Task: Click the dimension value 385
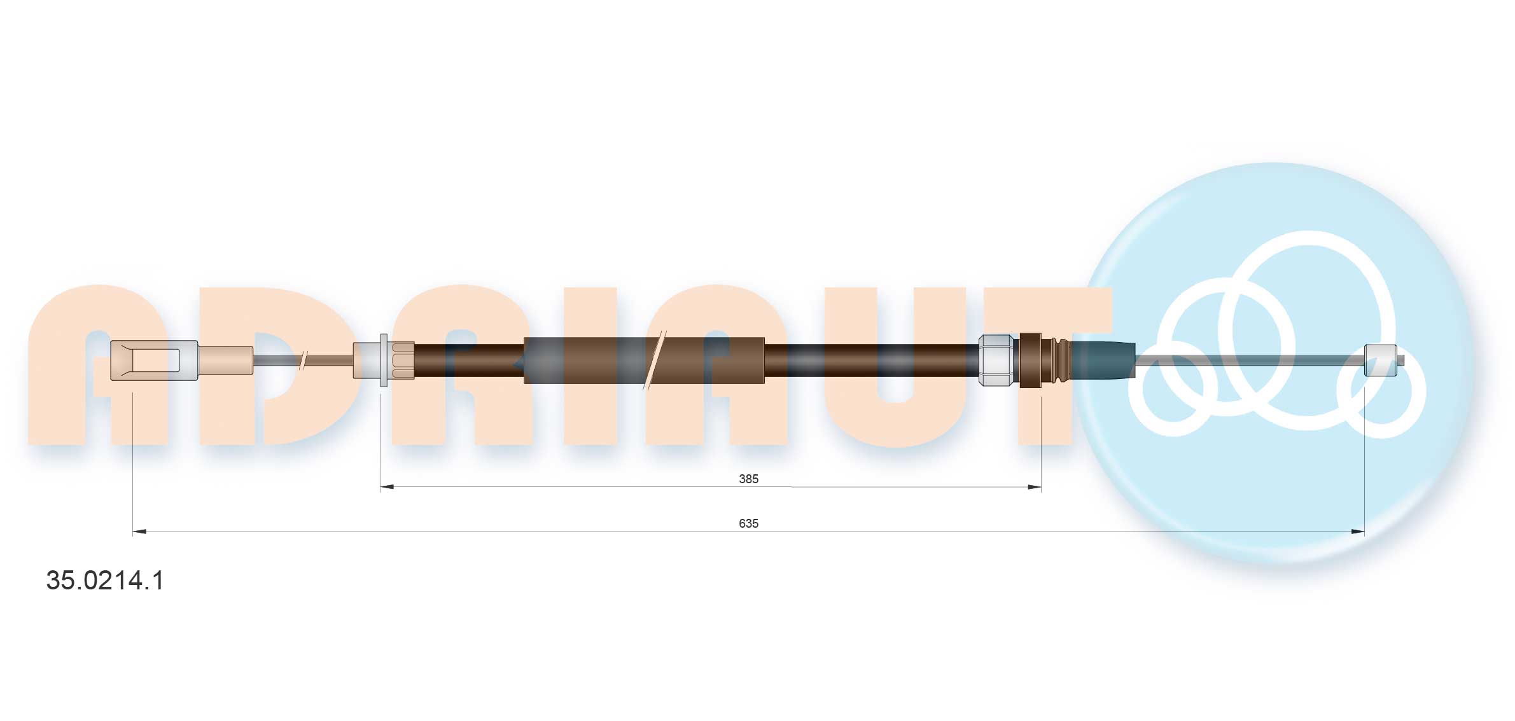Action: coord(748,479)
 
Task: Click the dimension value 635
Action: coord(748,523)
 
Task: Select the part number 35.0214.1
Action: coord(105,580)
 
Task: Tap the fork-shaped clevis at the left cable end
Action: coord(153,360)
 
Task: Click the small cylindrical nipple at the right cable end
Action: coord(1381,360)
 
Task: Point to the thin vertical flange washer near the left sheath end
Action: coord(383,360)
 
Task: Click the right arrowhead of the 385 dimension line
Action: coord(1035,487)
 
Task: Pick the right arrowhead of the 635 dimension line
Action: coord(1358,532)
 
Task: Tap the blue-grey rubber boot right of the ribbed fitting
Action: coord(1102,360)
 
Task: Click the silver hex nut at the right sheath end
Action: coord(996,360)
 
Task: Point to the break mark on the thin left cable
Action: coord(304,360)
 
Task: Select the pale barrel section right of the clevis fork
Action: coord(225,360)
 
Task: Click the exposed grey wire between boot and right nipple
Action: coord(1247,360)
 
